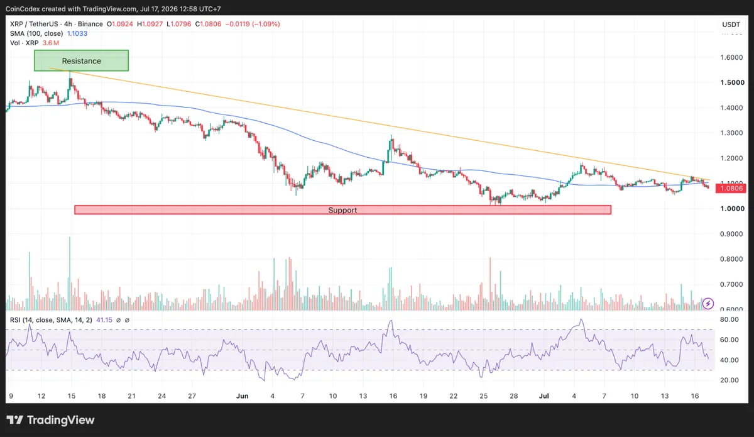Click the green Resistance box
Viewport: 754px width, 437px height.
[x=81, y=60]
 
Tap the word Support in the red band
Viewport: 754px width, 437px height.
[x=342, y=210]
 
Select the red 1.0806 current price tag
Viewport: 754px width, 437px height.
[x=731, y=188]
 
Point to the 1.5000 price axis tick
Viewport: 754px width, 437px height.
[x=732, y=82]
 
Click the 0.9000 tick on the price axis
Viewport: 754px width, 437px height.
[x=731, y=234]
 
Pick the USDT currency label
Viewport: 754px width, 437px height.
[x=731, y=25]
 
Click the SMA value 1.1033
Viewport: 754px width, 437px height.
[x=77, y=33]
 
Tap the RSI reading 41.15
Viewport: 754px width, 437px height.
[x=104, y=320]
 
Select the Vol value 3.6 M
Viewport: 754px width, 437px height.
[x=50, y=43]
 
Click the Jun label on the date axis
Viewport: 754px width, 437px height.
[x=242, y=396]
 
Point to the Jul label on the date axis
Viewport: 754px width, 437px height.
[x=544, y=396]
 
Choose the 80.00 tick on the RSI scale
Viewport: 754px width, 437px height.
[x=729, y=319]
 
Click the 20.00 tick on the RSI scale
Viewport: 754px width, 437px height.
[x=729, y=380]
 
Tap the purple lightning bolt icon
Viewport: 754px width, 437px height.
[x=708, y=304]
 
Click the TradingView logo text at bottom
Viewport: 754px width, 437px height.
[x=50, y=420]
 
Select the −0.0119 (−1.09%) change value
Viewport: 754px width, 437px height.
[x=253, y=24]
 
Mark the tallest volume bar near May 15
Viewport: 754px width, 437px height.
[x=70, y=274]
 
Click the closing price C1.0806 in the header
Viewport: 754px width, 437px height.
[x=209, y=24]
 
